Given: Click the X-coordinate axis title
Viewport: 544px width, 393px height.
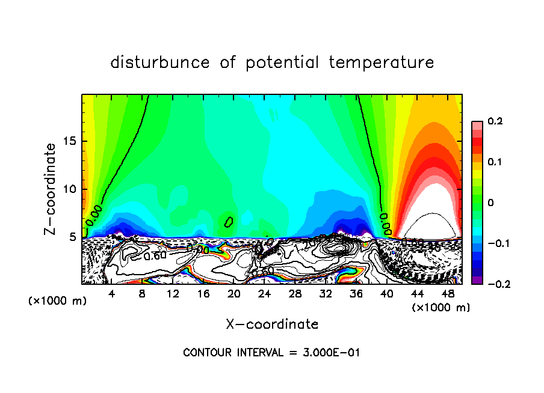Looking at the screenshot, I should (272, 324).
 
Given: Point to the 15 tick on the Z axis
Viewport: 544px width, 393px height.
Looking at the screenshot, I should (70, 142).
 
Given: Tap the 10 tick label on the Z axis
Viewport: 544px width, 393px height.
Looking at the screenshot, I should (70, 189).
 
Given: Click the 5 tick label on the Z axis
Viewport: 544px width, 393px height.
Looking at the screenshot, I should (74, 237).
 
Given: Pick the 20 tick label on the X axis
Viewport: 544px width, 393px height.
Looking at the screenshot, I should (233, 294).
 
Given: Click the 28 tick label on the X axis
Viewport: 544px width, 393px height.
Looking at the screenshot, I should (295, 294).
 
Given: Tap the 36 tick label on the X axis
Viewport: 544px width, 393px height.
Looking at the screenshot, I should (356, 294).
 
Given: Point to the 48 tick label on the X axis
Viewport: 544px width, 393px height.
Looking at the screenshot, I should (447, 294).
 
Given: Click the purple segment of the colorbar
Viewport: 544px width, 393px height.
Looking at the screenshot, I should (477, 279).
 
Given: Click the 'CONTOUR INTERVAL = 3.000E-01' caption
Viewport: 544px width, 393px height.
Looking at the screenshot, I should (272, 352).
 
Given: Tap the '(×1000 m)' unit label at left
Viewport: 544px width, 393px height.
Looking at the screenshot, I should (58, 300).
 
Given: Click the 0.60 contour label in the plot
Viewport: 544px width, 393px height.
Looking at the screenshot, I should (155, 255).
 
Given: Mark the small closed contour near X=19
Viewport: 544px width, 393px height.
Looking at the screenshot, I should (229, 222).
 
